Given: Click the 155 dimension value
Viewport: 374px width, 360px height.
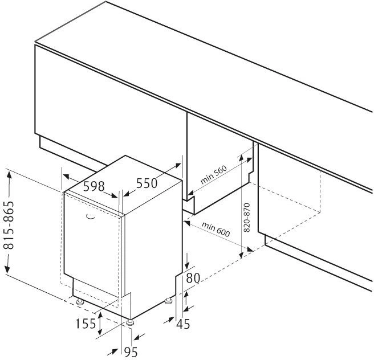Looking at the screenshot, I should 86,324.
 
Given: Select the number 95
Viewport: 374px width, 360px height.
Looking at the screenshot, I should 131,352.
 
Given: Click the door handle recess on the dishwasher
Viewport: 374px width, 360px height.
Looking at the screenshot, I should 90,217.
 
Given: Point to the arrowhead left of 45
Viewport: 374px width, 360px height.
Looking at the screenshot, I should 169,320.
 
